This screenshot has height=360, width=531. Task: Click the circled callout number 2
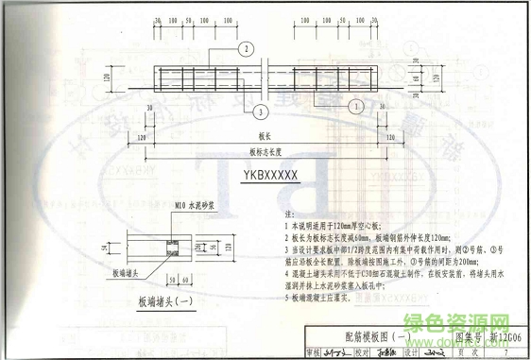(245, 48)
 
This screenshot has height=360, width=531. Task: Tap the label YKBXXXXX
(269, 175)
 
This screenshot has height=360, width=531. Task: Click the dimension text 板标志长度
(269, 151)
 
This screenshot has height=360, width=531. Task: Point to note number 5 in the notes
(285, 296)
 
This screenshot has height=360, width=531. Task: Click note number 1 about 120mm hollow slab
(285, 228)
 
